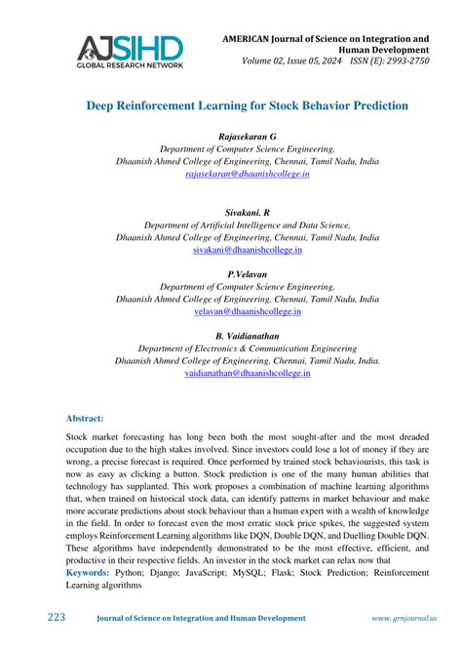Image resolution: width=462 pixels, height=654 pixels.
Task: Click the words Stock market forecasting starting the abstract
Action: click(112, 441)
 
